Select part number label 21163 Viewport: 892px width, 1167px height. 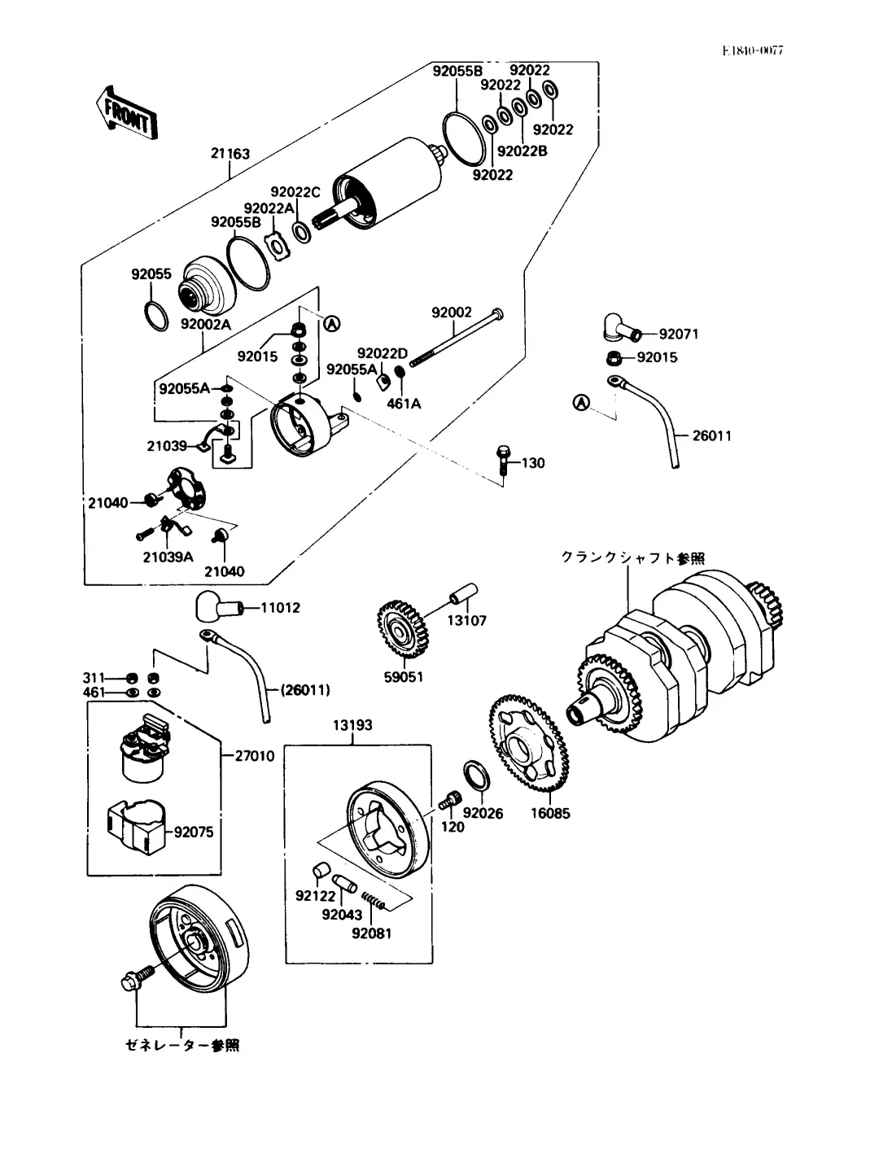[230, 154]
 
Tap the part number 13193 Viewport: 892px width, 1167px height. [352, 725]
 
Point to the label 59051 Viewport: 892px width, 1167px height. [404, 677]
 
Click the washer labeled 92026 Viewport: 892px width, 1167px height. [475, 776]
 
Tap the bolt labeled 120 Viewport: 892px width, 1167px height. [448, 801]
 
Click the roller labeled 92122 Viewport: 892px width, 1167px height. [320, 870]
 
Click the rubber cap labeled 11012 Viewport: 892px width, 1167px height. [216, 607]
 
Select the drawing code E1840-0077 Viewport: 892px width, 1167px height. [752, 50]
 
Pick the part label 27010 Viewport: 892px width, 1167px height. [255, 756]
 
